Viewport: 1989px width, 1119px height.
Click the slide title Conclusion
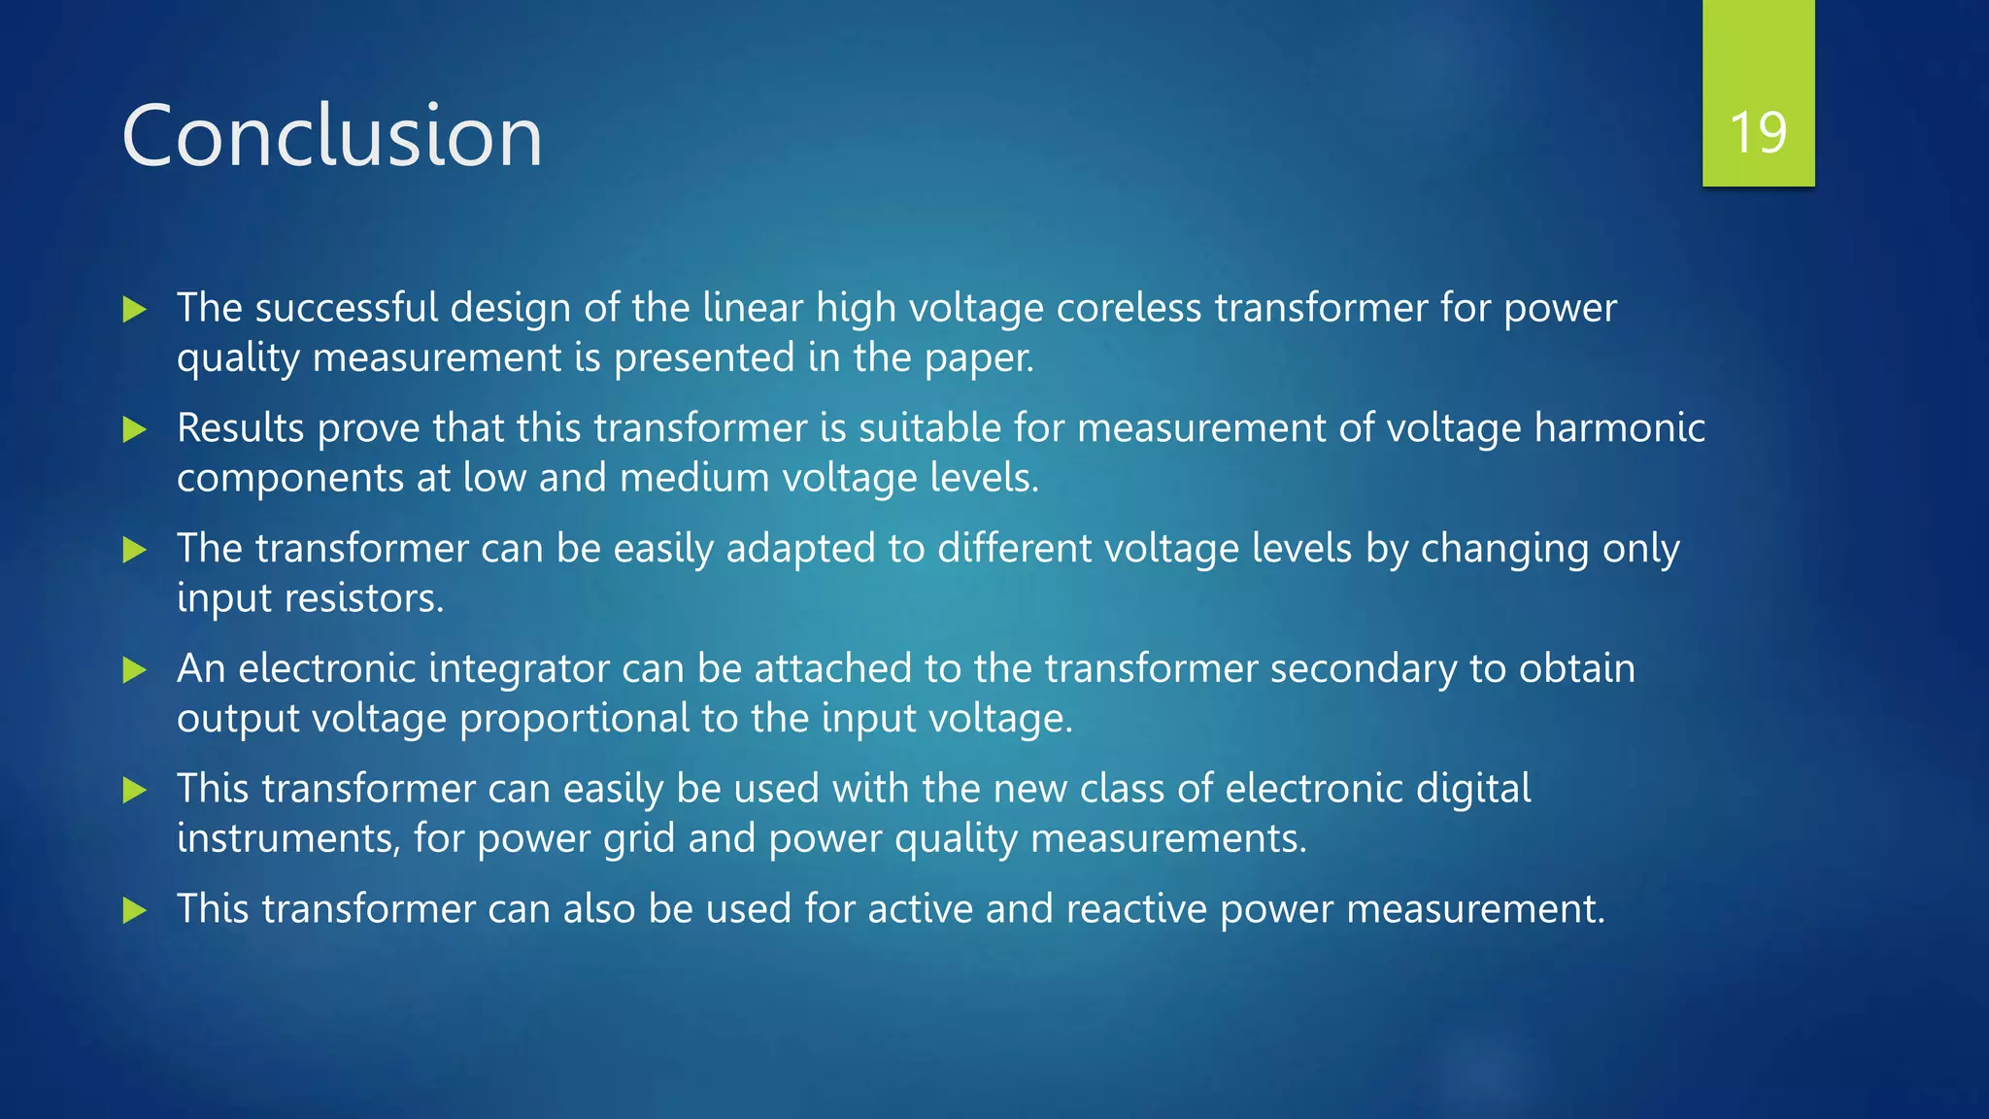(331, 136)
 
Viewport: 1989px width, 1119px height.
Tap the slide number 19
(1758, 133)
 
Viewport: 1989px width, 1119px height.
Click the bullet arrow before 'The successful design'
(135, 310)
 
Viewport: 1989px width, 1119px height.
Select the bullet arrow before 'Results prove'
(135, 429)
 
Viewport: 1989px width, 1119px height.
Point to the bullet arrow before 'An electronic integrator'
(135, 669)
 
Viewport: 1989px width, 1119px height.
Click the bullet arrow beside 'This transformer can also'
(135, 910)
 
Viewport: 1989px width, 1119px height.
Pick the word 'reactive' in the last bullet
(1136, 909)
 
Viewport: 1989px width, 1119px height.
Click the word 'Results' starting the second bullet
(241, 428)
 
